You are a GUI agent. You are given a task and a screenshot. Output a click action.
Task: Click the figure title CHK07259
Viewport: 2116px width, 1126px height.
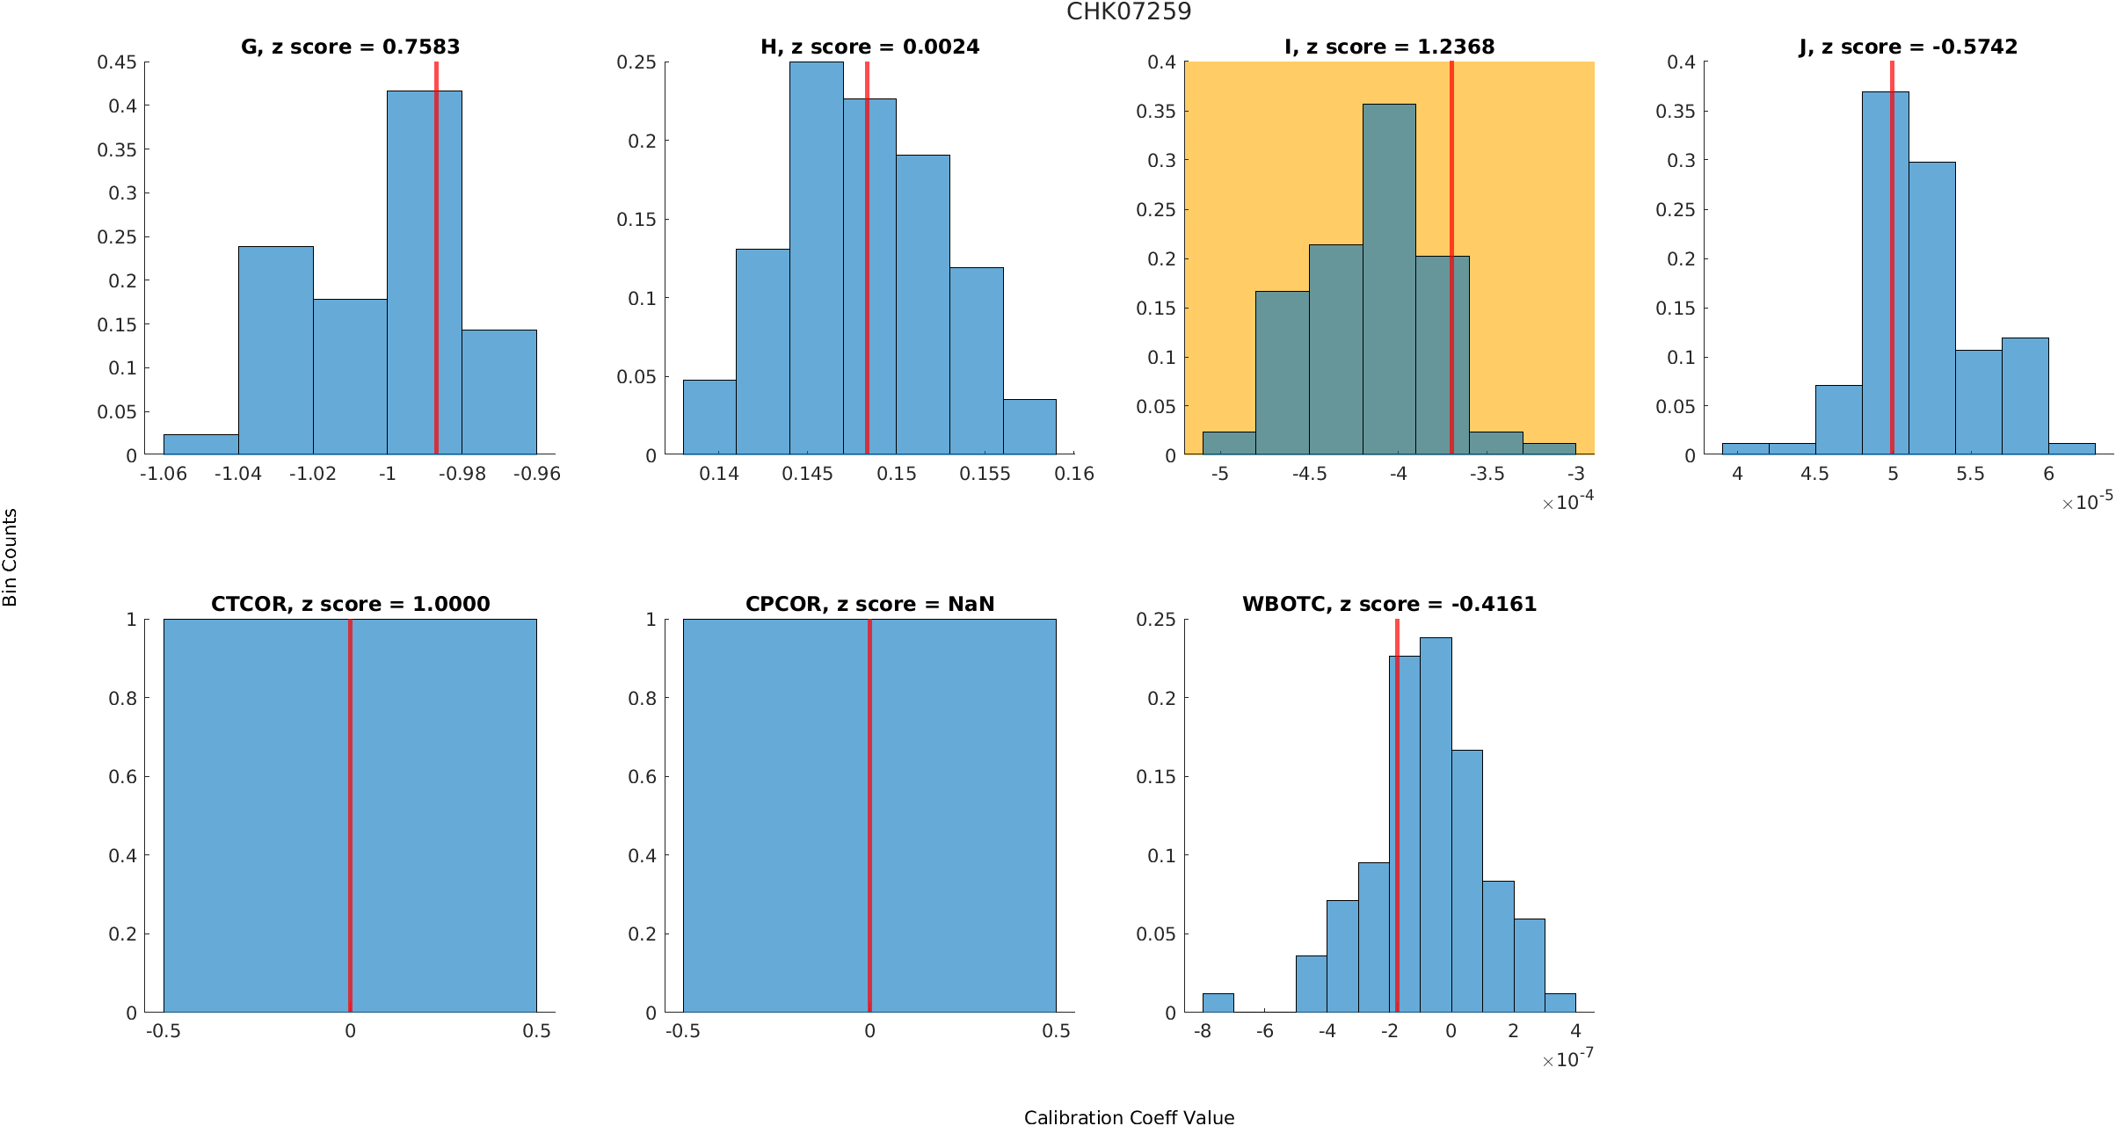point(1129,11)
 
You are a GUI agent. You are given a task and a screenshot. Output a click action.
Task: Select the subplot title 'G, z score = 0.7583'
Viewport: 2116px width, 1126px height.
point(350,47)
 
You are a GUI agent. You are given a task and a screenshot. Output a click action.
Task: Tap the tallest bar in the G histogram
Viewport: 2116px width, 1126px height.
point(424,272)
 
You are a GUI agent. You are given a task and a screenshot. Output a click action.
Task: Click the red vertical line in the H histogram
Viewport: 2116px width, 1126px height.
point(867,264)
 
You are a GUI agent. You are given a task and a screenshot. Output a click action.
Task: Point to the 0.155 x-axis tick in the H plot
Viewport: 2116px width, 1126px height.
point(985,474)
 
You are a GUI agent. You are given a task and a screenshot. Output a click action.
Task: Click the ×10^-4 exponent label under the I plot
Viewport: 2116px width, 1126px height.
point(1567,502)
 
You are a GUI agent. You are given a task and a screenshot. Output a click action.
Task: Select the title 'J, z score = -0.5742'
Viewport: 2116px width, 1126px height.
point(1908,47)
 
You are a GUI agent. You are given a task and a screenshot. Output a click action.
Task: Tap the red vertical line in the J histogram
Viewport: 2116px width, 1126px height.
point(1892,264)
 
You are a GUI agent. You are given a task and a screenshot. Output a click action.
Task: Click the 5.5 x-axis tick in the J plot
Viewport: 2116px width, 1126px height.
point(1970,474)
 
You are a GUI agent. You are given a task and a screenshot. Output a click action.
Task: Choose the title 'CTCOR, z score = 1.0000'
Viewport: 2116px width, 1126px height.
point(350,604)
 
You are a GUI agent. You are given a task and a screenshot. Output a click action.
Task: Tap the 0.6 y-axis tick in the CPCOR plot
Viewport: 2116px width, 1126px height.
point(644,777)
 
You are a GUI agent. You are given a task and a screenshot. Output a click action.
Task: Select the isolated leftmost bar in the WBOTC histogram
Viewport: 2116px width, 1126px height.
point(1218,1003)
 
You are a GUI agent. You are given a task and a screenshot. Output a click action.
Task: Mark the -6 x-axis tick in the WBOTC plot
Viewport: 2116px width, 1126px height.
point(1264,1031)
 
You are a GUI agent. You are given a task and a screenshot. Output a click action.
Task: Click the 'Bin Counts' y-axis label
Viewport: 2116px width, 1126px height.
point(11,557)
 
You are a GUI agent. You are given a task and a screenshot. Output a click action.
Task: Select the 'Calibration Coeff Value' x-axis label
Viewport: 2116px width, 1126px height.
point(1129,1116)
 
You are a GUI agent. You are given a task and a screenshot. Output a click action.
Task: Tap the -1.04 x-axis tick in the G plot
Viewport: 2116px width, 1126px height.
point(237,474)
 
